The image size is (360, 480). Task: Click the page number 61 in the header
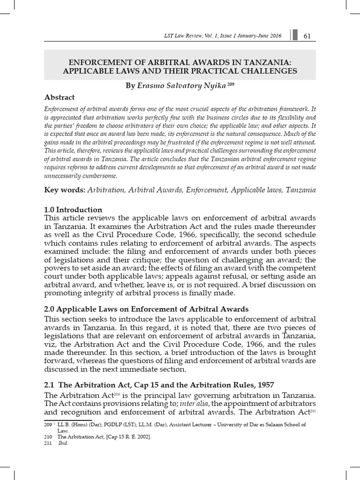pos(308,36)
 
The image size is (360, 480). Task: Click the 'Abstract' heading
pos(59,97)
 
